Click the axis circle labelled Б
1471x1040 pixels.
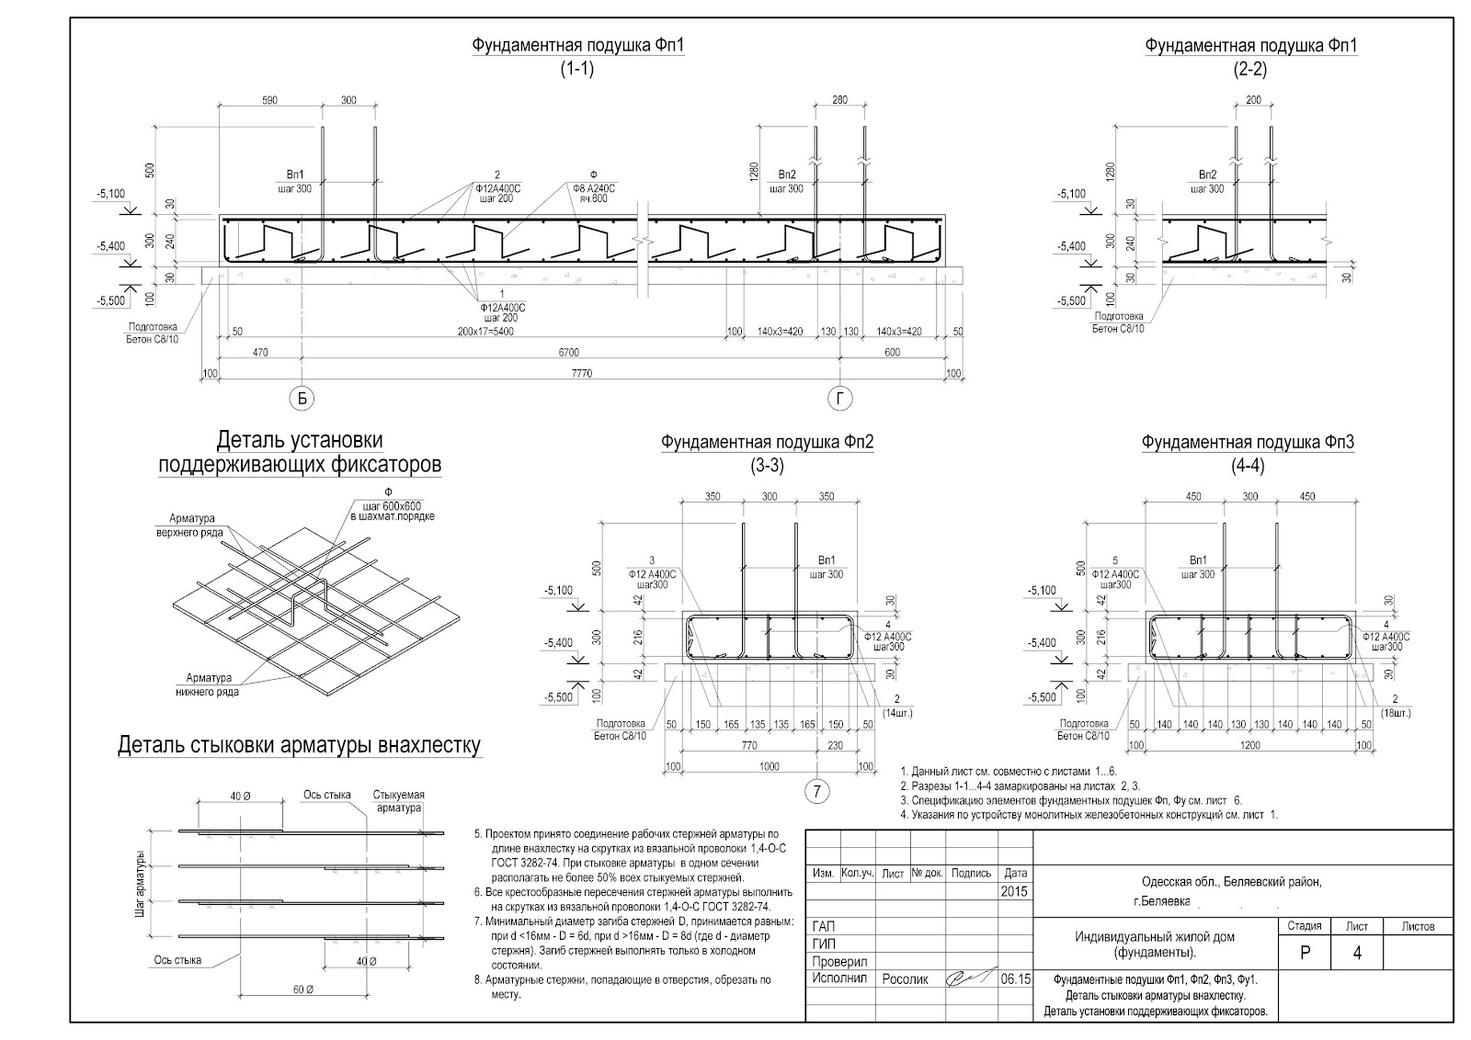(302, 398)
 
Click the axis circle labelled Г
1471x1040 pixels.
(839, 398)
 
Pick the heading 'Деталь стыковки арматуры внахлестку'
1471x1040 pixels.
(300, 745)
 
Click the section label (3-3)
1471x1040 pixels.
(767, 465)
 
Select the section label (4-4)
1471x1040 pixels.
(1248, 465)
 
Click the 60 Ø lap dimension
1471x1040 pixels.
(302, 990)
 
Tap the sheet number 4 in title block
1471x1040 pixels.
(1357, 953)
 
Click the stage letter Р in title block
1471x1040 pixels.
(1305, 953)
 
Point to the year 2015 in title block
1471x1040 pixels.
(1014, 892)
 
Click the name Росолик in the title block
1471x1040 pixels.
(906, 979)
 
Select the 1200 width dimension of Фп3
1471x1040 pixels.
(1250, 745)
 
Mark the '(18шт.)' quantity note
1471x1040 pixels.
(1395, 713)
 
